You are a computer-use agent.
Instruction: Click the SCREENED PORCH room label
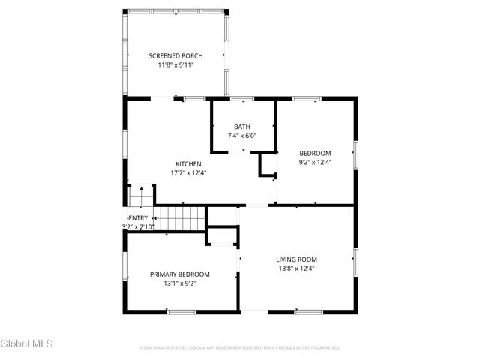coord(175,56)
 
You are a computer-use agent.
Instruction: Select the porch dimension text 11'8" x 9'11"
coord(175,65)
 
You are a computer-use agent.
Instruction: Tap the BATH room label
coord(242,127)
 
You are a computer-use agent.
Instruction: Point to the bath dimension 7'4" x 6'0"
coord(242,136)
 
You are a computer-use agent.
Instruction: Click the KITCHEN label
coord(188,164)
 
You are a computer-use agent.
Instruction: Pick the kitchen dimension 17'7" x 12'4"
coord(188,173)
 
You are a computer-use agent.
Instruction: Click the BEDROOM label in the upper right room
coord(315,153)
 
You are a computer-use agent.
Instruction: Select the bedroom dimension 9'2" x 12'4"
coord(315,162)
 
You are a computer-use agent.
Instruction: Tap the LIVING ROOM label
coord(297,259)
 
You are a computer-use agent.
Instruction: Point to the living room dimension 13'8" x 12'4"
coord(297,268)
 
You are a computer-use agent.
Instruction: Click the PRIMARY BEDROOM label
coord(179,274)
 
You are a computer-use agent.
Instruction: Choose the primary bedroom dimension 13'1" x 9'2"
coord(179,283)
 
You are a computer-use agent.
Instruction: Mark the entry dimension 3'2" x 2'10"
coord(138,226)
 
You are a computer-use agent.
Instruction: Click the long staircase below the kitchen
coord(180,219)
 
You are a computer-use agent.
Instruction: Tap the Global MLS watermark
coord(27,343)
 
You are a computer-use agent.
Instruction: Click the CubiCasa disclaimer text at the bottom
coord(240,348)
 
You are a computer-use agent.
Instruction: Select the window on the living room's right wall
coord(355,259)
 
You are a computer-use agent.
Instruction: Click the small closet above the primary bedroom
coord(222,236)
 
